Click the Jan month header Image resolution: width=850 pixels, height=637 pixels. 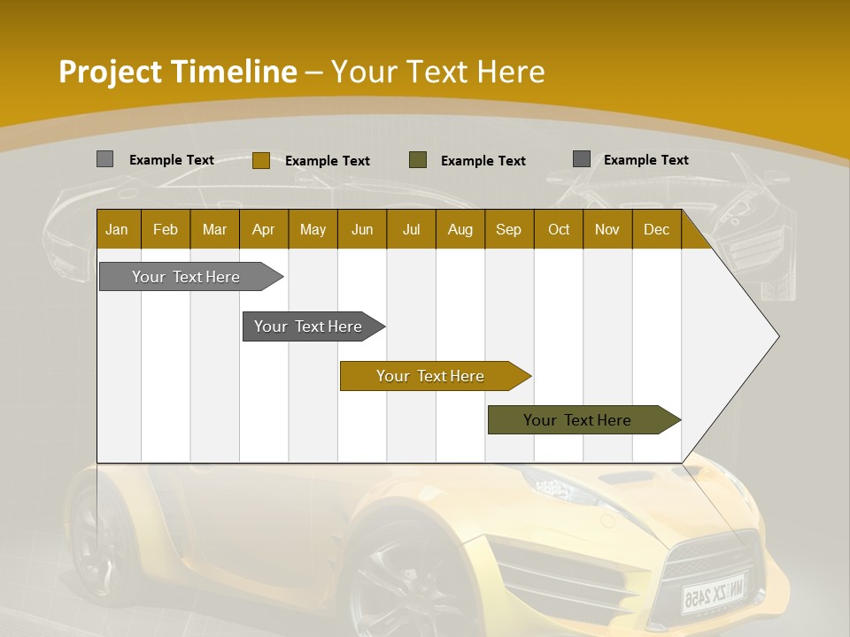[117, 229]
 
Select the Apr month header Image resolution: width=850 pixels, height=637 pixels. [263, 229]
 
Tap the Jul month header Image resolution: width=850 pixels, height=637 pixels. [411, 229]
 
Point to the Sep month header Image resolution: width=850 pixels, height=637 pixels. [508, 229]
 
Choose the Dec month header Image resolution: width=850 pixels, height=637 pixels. [656, 229]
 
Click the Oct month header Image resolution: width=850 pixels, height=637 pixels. [559, 229]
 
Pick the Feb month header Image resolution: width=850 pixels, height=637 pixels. [166, 229]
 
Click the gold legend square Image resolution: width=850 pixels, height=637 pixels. [260, 160]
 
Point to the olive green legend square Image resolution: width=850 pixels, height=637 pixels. [418, 160]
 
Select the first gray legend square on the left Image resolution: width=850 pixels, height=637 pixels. [104, 159]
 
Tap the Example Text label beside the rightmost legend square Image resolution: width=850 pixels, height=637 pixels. [645, 160]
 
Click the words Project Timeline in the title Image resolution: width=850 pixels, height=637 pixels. [178, 72]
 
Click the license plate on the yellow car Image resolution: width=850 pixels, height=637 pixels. [712, 592]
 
